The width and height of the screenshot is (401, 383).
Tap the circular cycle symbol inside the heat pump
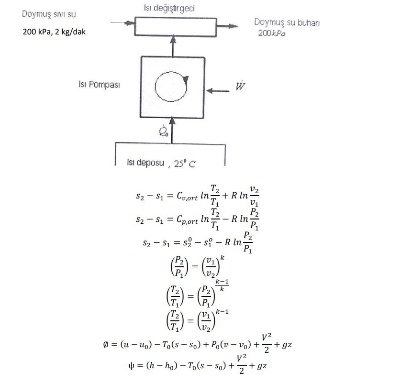click(172, 86)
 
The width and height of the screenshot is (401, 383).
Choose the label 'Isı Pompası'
click(99, 85)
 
